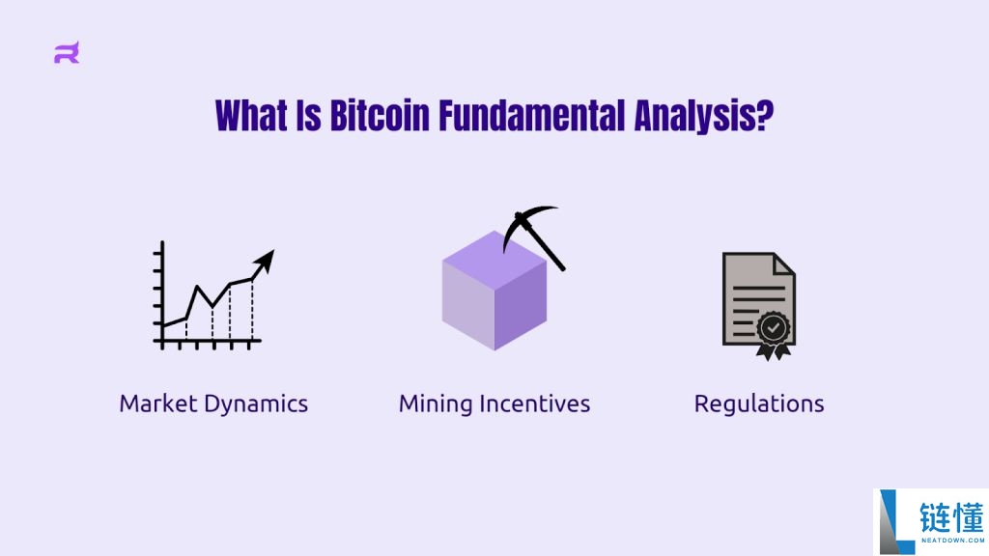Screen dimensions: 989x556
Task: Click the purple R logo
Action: coord(67,53)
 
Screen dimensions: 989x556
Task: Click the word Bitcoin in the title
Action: coord(380,116)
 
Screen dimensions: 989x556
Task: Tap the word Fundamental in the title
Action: coord(532,116)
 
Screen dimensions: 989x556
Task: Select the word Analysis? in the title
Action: coord(704,117)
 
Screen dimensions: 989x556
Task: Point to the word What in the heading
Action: coord(251,116)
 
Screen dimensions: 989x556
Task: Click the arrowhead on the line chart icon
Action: coord(265,261)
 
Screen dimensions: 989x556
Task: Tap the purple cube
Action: coord(494,291)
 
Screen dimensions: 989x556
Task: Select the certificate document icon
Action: coord(759,306)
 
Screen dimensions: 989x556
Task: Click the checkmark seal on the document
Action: coord(774,328)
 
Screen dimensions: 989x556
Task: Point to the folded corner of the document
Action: coord(784,264)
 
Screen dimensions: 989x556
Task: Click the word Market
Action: coord(159,403)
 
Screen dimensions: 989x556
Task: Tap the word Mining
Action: coord(436,404)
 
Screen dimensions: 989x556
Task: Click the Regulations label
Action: coord(759,404)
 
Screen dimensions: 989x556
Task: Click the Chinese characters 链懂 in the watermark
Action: coord(951,517)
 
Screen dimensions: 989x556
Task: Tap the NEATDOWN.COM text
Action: coord(952,541)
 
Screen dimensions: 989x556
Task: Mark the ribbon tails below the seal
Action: coord(774,351)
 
